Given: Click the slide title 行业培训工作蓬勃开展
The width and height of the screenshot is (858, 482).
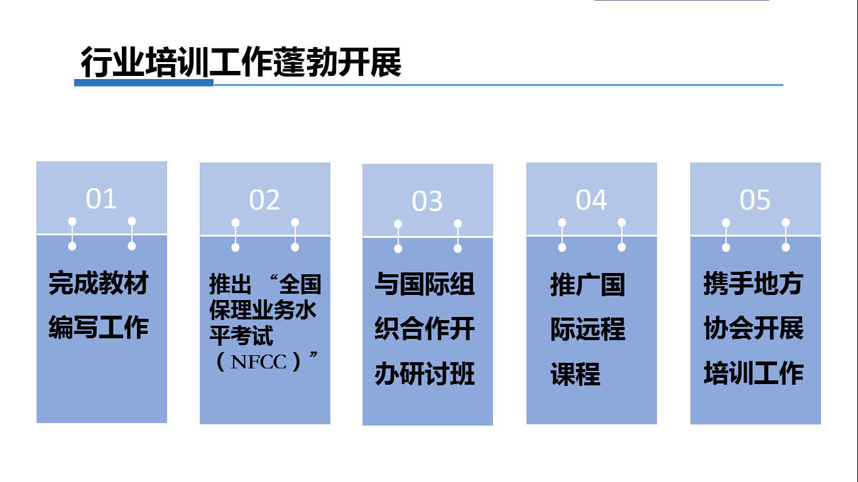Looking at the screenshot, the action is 241,62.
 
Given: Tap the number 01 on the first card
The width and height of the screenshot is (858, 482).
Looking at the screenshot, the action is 101,199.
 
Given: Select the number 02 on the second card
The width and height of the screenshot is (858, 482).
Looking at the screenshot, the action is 264,200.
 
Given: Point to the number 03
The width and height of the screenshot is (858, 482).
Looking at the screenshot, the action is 427,201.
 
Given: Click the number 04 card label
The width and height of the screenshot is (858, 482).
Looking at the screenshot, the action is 591,200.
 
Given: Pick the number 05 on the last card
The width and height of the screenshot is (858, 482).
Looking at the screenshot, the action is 754,200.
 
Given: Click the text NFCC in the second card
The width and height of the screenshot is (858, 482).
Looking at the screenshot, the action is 258,361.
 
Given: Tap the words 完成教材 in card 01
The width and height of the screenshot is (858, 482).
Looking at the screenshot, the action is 99,283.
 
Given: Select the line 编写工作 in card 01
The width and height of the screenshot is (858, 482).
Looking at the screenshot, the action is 99,328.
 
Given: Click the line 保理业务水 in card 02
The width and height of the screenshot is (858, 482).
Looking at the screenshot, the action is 263,309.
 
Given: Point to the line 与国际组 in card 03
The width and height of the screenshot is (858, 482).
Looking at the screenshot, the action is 425,284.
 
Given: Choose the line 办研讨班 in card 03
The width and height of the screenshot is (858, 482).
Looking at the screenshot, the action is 425,373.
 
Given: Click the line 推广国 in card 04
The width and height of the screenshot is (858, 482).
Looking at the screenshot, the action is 587,285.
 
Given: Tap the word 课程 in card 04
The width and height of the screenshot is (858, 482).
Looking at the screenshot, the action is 575,374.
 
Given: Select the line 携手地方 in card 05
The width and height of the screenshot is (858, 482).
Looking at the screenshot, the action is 753,283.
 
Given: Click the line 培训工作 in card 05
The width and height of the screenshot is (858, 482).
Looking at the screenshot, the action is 754,373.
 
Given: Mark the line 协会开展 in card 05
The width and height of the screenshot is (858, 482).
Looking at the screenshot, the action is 754,328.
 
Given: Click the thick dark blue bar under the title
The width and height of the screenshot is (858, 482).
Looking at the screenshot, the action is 144,83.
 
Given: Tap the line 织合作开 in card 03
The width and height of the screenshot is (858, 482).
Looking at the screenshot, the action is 425,328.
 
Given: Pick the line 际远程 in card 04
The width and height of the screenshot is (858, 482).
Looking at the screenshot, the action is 587,329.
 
